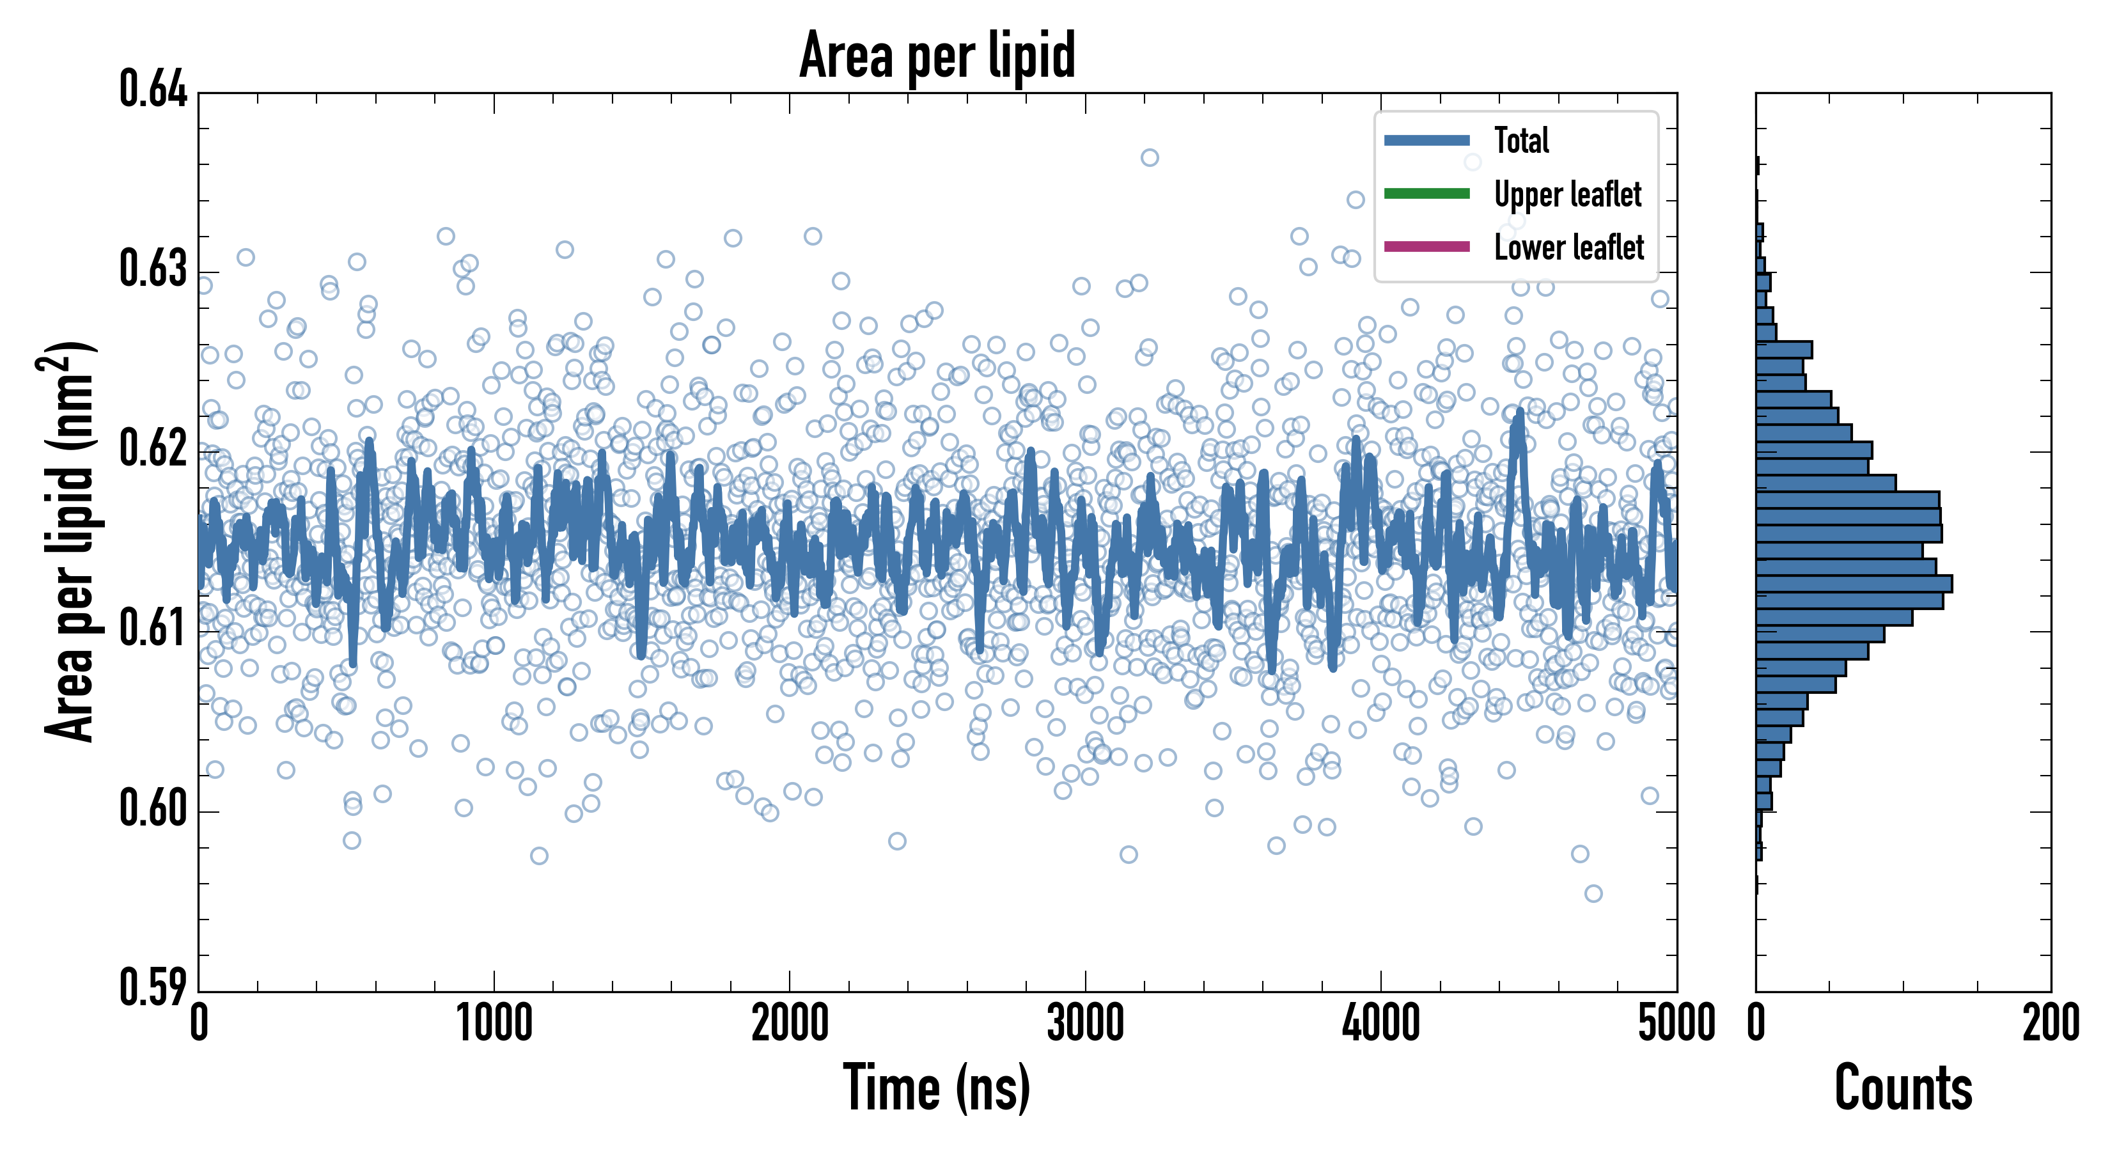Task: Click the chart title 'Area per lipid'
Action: pos(937,55)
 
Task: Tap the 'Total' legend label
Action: pos(1521,140)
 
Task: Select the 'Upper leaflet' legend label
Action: pos(1567,194)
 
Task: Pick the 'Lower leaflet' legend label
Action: pos(1568,247)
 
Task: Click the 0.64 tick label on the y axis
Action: pos(153,90)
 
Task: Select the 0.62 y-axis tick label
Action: pos(153,448)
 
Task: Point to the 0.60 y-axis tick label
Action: pos(153,808)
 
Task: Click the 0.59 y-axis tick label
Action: pos(153,987)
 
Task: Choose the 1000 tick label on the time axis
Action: pos(494,1024)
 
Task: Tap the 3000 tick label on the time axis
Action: pos(1085,1024)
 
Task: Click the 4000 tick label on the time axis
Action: pos(1381,1024)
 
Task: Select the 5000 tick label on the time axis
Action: pos(1676,1024)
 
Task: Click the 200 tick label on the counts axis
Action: pos(2050,1024)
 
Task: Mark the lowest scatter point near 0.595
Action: pos(1593,893)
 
